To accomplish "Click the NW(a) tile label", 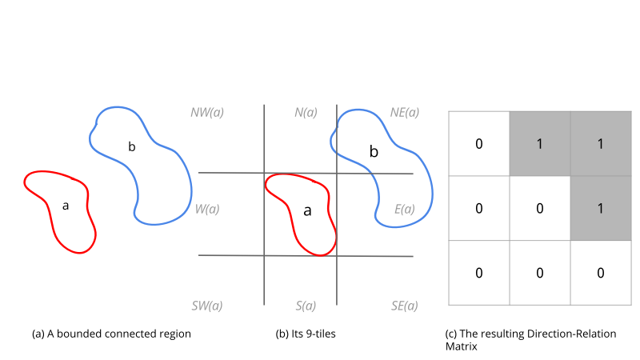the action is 207,112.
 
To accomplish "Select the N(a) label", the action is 306,112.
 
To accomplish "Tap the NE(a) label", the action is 405,112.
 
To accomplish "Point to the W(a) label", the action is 207,209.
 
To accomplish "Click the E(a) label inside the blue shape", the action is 405,209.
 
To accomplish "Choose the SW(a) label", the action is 207,306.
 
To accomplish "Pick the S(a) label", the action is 306,306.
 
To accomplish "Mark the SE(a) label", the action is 405,306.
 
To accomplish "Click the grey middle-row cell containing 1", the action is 601,208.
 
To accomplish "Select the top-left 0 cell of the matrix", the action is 479,144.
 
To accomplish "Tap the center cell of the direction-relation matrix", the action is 540,208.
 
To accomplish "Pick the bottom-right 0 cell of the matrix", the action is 601,273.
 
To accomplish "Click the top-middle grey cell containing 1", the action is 540,144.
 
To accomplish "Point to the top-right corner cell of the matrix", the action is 601,144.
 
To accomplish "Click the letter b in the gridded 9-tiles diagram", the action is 374,151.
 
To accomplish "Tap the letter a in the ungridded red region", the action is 66,206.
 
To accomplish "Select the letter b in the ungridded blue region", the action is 132,146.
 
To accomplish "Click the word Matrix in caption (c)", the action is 462,346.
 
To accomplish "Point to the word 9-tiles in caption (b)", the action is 321,334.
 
